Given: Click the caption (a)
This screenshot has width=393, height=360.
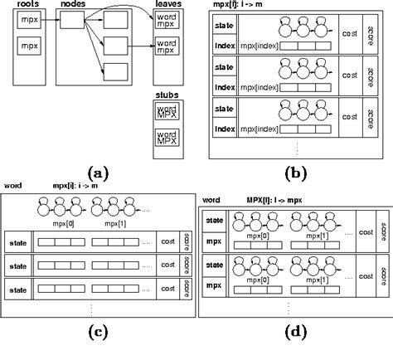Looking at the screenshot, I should (x=98, y=172).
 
